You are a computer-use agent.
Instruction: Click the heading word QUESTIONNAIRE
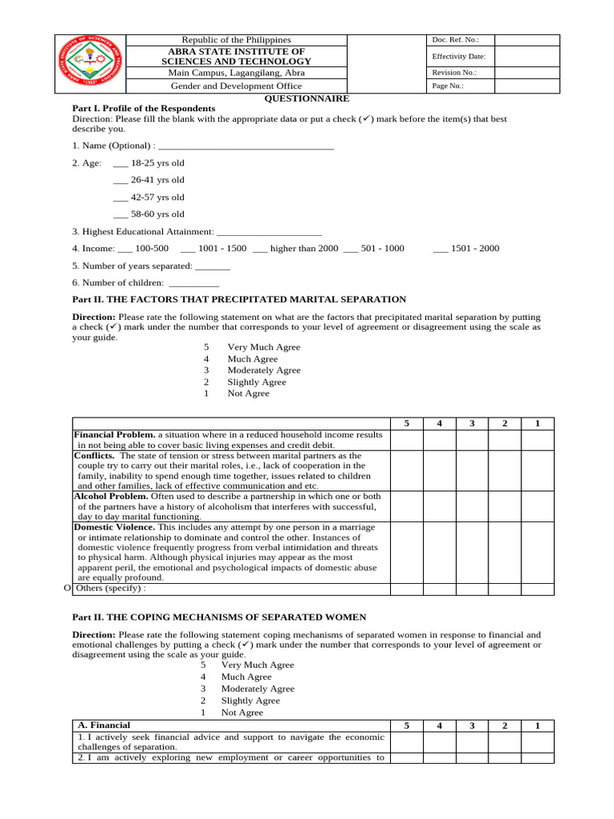pos(307,98)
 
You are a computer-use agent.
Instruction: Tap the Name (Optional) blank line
pos(246,146)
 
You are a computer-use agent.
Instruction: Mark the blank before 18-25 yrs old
pos(121,163)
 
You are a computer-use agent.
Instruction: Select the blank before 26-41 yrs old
pos(121,181)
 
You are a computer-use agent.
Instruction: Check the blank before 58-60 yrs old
pos(121,214)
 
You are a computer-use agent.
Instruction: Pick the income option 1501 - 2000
pos(441,249)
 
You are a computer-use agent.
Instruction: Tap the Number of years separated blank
pos(213,266)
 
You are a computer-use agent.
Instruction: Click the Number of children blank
pos(193,283)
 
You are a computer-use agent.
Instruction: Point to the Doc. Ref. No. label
pos(455,40)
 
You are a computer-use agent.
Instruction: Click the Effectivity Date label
pos(459,57)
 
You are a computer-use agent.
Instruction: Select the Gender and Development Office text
pos(237,86)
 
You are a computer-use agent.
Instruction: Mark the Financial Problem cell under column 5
pos(407,440)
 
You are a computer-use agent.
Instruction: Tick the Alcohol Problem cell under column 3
pos(472,506)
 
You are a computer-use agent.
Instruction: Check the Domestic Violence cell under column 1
pos(537,552)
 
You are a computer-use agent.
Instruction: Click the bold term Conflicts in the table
pos(94,455)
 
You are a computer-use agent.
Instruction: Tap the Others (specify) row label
pos(111,589)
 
